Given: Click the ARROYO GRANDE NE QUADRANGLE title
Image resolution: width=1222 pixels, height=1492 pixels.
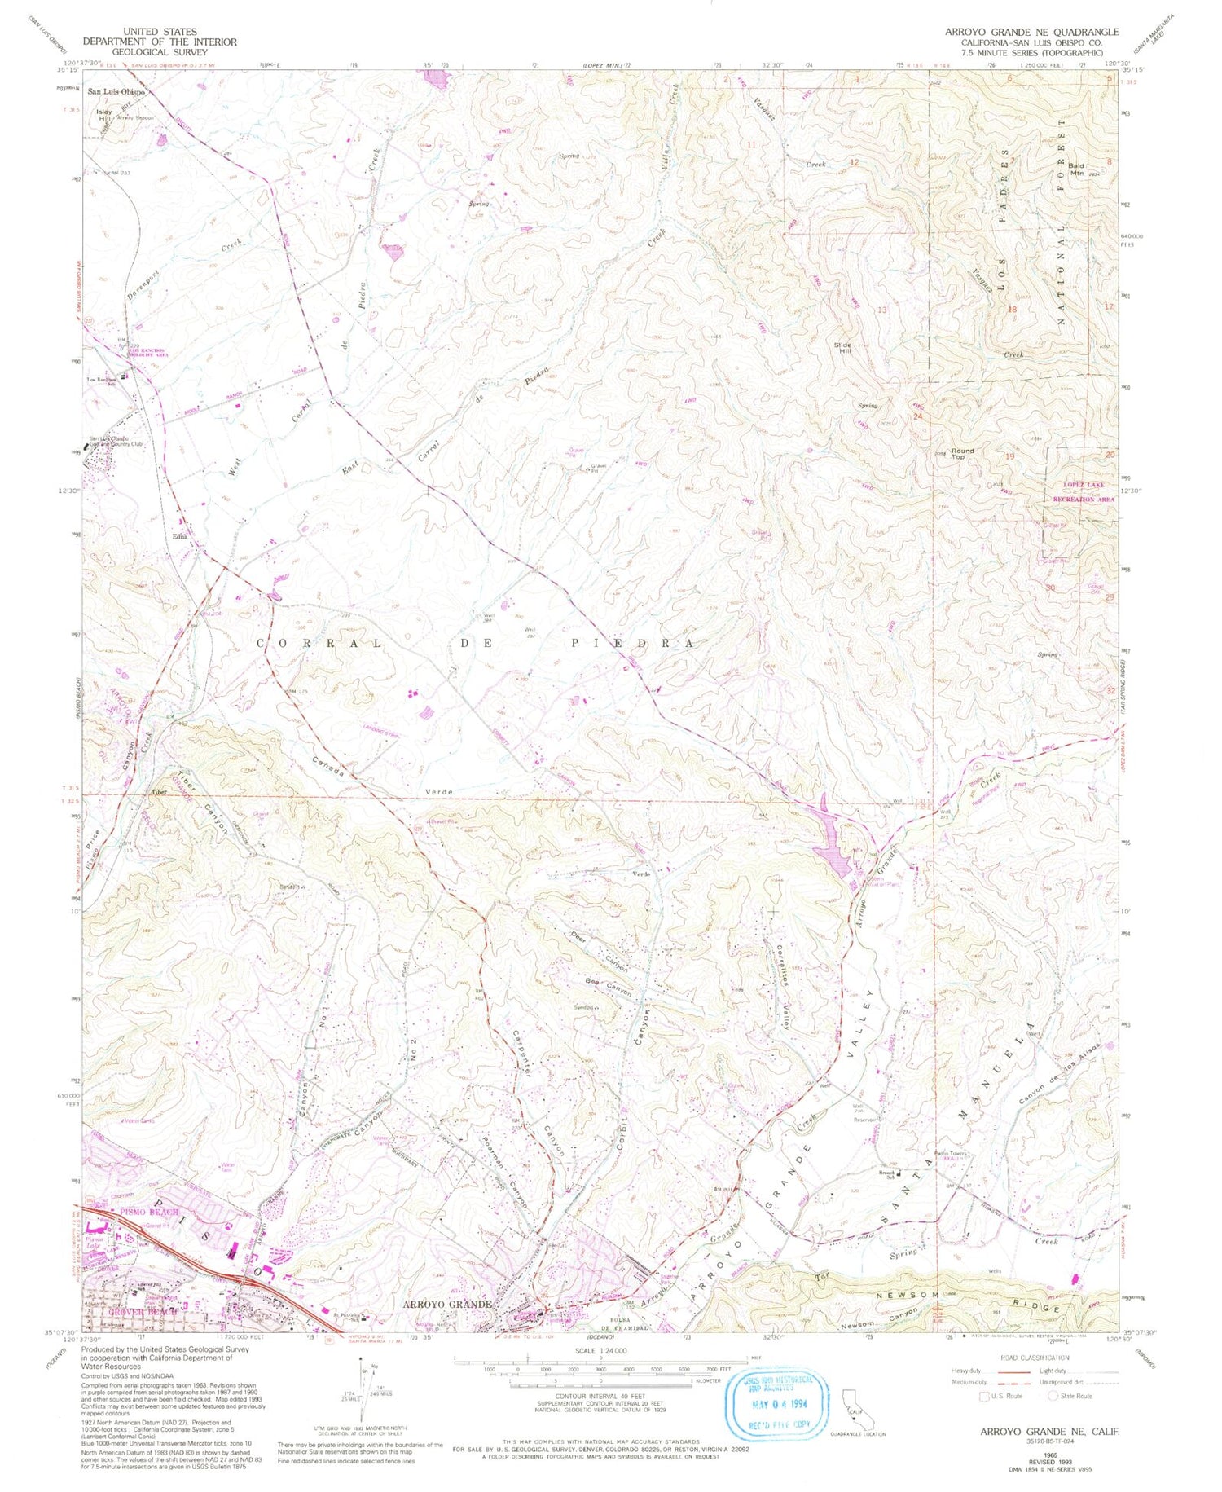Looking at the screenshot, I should point(1031,32).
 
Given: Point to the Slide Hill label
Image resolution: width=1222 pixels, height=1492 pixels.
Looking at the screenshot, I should point(842,348).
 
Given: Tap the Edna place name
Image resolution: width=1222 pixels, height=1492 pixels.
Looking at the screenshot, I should point(179,536).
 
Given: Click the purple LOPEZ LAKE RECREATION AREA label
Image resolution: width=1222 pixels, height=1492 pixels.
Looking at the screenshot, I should point(1084,491).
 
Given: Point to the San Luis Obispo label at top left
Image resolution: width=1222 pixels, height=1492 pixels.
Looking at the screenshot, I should point(116,92).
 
